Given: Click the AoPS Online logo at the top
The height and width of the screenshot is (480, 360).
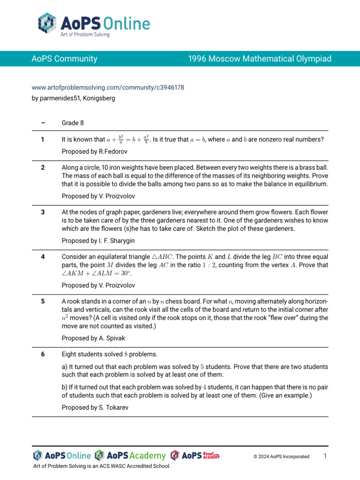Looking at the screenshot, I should tap(94, 25).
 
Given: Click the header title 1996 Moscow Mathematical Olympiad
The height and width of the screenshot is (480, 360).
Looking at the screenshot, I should tap(259, 59).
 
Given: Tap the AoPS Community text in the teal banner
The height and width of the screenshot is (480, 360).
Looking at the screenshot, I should tap(64, 59).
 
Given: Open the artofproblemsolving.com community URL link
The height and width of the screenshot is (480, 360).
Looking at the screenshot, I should tap(107, 88).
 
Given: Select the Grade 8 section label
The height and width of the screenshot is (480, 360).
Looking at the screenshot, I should tap(73, 123).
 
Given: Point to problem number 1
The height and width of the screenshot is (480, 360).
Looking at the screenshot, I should tap(43, 139).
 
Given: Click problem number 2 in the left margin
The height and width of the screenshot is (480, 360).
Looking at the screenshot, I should tap(43, 167).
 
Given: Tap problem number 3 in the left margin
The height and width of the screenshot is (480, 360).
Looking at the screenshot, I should tap(43, 212).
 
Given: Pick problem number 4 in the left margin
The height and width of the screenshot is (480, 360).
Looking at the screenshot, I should tap(43, 257).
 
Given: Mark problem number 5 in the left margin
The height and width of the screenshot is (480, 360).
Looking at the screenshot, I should tap(43, 301).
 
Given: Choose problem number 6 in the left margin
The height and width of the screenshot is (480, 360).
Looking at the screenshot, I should tap(43, 354).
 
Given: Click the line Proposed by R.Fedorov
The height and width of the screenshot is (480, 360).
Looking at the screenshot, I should tap(94, 152).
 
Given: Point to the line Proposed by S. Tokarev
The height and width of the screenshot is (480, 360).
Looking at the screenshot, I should tap(95, 408).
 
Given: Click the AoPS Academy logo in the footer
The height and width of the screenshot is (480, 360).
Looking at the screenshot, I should tap(130, 456).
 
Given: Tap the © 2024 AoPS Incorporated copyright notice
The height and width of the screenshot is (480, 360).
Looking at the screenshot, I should tap(281, 457).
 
